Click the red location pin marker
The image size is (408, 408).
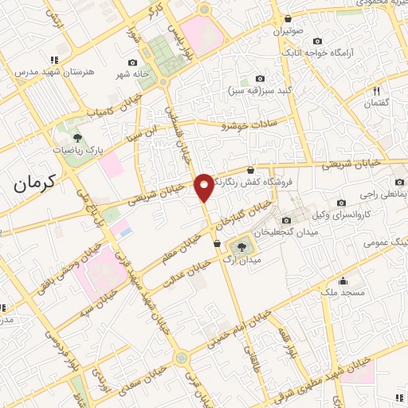pos(204,187)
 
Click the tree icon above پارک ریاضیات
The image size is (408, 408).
pos(77,138)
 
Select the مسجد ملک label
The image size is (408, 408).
pos(343,292)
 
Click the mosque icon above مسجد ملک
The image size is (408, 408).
pos(343,280)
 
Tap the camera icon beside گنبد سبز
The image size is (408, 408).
pos(259,79)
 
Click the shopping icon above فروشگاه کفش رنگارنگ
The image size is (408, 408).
pos(251,170)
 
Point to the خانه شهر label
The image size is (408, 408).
pos(134,73)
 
